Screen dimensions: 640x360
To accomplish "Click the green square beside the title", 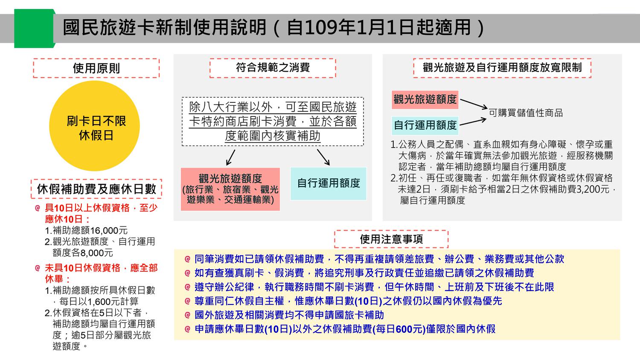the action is click(34, 28).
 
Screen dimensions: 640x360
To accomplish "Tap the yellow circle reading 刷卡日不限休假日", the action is click(95, 126).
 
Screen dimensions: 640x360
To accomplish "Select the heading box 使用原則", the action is click(96, 68).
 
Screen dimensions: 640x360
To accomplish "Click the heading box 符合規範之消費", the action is click(273, 68).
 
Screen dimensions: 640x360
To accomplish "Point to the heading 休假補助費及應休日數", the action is click(96, 189).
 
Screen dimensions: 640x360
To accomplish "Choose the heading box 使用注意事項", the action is click(391, 239).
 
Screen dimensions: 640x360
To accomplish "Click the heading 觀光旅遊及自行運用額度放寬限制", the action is click(502, 68).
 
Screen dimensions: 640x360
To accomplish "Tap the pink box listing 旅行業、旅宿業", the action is click(230, 189).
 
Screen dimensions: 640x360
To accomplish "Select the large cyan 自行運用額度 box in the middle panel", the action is click(329, 183).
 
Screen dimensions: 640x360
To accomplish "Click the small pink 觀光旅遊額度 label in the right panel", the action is click(425, 100).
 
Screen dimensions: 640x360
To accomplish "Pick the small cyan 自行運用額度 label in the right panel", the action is click(425, 125).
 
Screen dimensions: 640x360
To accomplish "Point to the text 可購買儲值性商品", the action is click(526, 113).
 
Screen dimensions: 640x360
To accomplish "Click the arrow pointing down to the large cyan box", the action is click(323, 157).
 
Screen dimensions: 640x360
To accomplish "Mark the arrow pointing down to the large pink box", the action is click(230, 157).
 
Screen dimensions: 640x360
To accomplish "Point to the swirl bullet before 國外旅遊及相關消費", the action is click(187, 315).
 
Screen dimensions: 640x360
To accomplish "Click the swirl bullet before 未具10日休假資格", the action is click(38, 268).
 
